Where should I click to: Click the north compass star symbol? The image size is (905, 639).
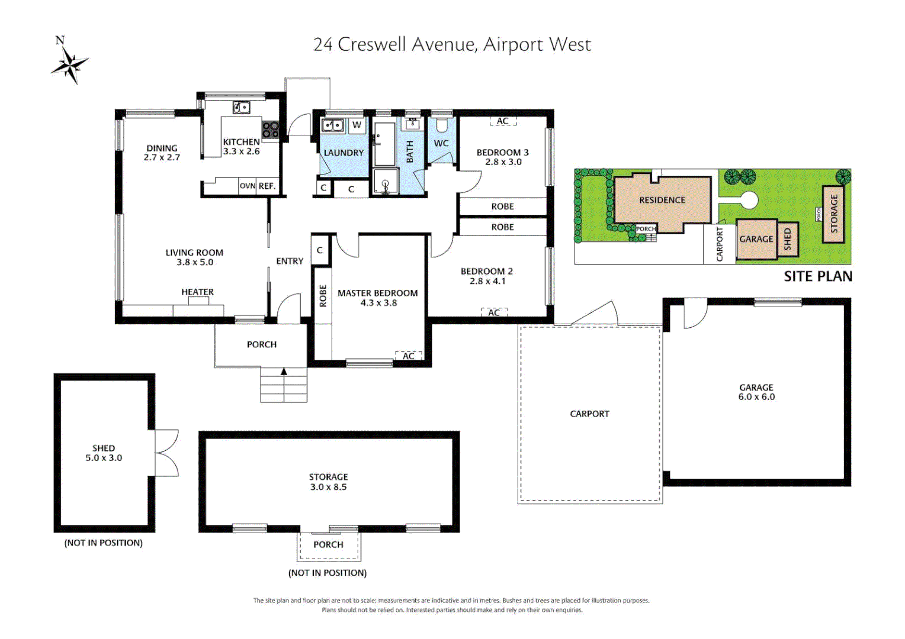tap(70, 64)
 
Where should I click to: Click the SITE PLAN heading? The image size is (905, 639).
tap(818, 276)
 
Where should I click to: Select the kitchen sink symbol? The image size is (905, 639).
tap(241, 107)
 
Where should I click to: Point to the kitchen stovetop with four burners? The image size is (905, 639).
tap(271, 130)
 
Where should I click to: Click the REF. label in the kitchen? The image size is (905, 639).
tap(267, 186)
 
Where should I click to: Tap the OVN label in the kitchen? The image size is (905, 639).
tap(247, 186)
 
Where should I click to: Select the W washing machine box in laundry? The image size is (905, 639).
tap(357, 125)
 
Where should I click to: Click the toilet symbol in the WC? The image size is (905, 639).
tap(441, 125)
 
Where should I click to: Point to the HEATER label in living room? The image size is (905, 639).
tap(197, 292)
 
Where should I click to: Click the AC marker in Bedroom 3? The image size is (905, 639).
tap(502, 121)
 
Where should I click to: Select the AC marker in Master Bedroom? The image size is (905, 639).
tap(408, 356)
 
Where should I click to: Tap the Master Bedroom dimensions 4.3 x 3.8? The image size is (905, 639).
tap(378, 303)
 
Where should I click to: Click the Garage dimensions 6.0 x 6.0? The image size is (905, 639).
tap(756, 397)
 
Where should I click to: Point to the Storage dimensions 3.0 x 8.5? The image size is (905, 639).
tap(328, 487)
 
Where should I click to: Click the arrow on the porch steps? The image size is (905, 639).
tap(284, 372)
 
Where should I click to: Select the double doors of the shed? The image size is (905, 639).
tap(166, 453)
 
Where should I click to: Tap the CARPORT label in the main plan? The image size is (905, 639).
tap(589, 414)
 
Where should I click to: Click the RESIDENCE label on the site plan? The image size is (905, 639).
tap(662, 200)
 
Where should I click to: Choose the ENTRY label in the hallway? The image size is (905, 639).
tap(290, 261)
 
